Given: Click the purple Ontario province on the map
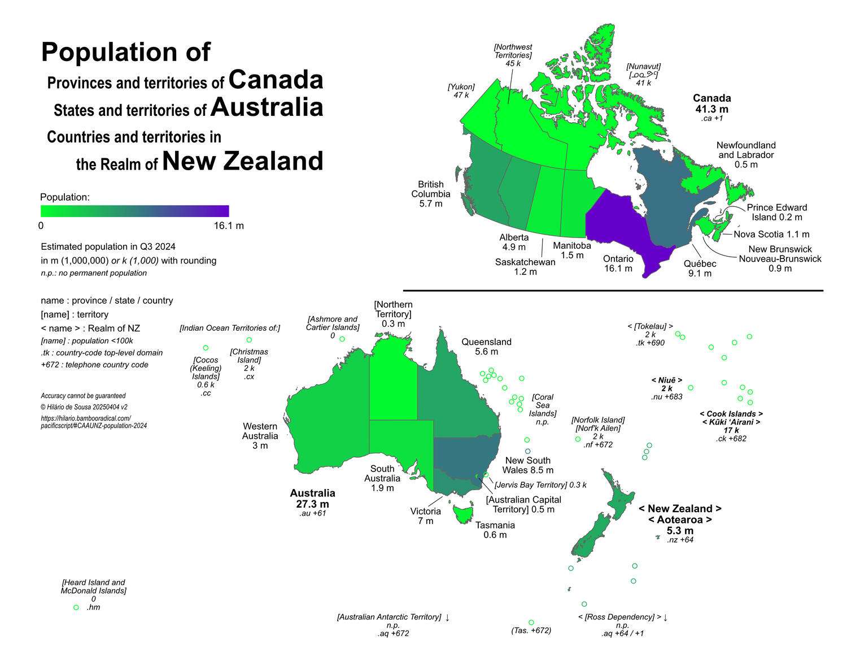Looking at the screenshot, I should tap(621, 226).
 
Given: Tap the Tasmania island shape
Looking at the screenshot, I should tap(463, 513).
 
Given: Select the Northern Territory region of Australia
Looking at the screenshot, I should tap(393, 384).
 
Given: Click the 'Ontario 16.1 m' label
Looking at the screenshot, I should tap(618, 263).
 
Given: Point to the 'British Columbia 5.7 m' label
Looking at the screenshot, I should tap(430, 194).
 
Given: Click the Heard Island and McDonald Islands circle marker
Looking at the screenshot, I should tap(76, 607).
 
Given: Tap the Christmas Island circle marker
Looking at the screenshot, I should tap(249, 340).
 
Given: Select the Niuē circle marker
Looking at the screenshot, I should tap(691, 388).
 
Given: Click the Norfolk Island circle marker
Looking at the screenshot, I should tap(578, 439).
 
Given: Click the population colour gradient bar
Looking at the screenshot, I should tap(134, 211).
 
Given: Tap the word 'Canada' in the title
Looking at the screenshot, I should tap(276, 80).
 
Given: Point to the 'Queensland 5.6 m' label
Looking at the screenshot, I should tap(486, 347).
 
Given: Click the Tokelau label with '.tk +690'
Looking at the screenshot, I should tap(650, 335).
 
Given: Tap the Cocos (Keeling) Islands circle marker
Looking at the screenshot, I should tap(206, 348).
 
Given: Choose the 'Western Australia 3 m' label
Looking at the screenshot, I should tap(260, 435).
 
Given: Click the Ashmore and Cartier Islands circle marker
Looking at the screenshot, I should tap(342, 339).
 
